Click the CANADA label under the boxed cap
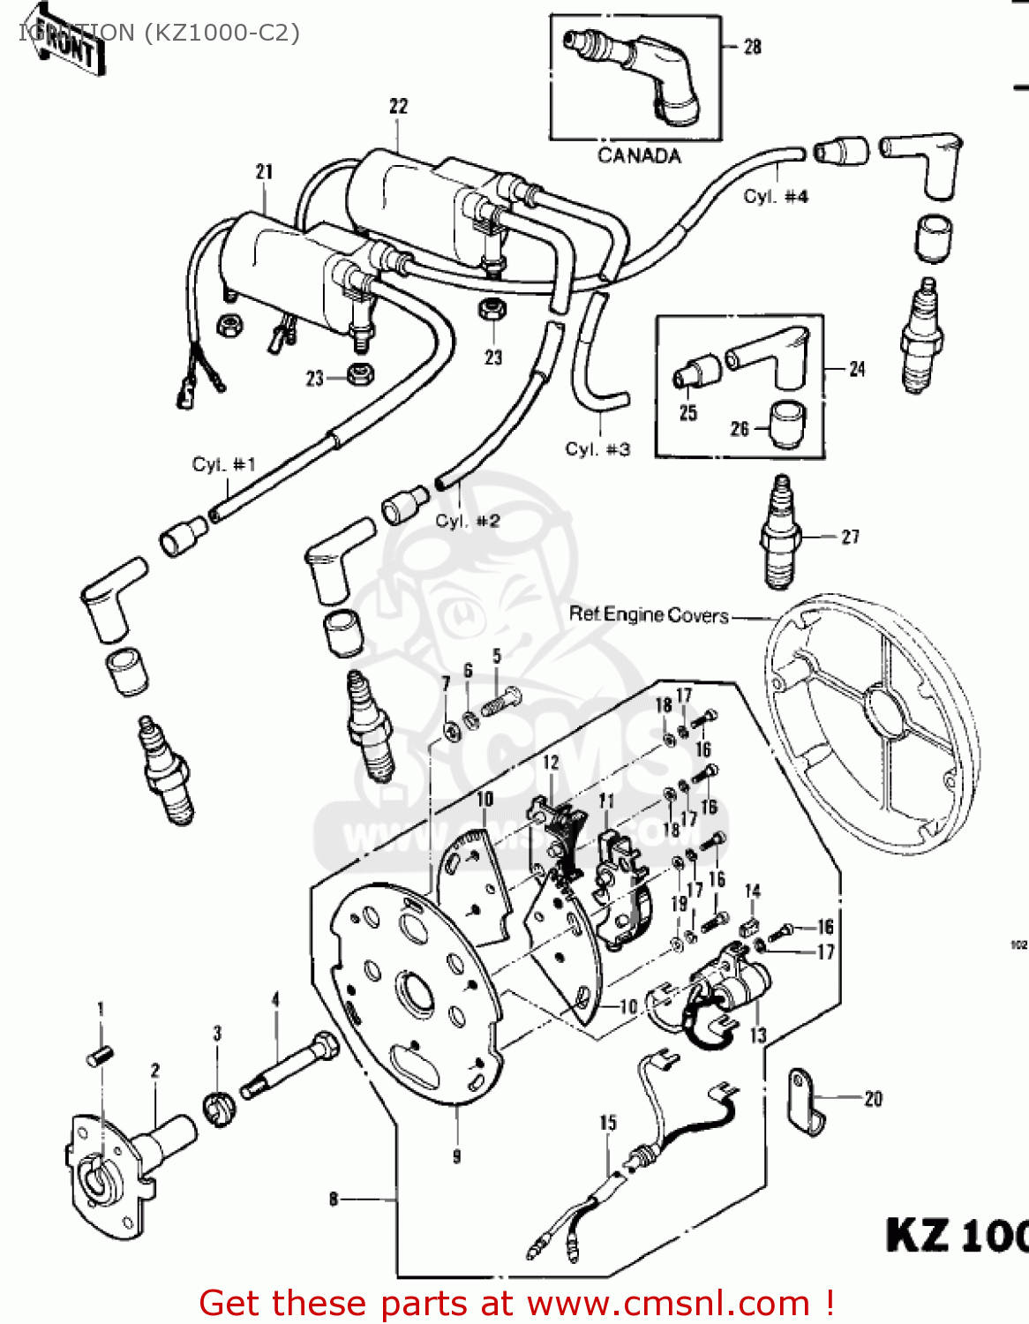click(639, 156)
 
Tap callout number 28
click(752, 47)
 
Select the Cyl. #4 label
click(775, 197)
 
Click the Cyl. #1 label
click(223, 464)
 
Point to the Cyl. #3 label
click(597, 449)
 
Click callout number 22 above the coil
click(399, 107)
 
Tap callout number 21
click(264, 172)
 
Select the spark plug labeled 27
click(779, 534)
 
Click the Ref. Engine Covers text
click(649, 614)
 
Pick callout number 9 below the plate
click(456, 1156)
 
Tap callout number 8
click(334, 1199)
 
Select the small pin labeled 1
click(100, 1056)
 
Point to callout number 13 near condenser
click(757, 1034)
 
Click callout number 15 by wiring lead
click(608, 1123)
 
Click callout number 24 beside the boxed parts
click(856, 369)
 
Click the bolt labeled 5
click(499, 703)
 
